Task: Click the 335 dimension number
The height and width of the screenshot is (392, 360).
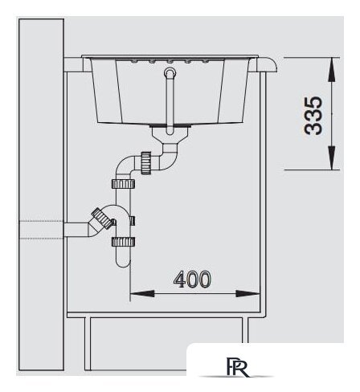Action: [x=313, y=116]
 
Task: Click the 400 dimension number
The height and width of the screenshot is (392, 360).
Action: [x=192, y=280]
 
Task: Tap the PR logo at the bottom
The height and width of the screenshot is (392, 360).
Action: [x=238, y=366]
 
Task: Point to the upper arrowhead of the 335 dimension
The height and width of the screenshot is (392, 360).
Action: [x=332, y=69]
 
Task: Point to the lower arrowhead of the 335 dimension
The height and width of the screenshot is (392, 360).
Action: [x=332, y=158]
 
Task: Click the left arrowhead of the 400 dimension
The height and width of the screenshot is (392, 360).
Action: [x=142, y=294]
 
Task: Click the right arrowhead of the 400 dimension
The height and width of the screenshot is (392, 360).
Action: [x=247, y=294]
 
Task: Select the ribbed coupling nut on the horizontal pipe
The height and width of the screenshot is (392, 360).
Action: [x=146, y=163]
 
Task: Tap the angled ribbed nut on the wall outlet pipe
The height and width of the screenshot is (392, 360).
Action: [x=102, y=218]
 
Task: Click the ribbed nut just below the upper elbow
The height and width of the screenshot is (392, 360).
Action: [x=123, y=184]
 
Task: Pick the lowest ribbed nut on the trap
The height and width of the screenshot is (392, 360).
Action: [x=123, y=242]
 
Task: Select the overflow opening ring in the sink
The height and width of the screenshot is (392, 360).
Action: [x=170, y=72]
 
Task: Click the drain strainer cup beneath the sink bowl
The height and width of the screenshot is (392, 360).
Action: [x=170, y=132]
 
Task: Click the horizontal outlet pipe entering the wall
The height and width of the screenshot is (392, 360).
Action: [x=77, y=230]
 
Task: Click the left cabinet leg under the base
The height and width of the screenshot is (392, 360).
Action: [x=88, y=344]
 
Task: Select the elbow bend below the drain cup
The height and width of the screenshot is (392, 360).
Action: [x=168, y=158]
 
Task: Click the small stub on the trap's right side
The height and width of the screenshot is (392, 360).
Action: [x=132, y=221]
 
